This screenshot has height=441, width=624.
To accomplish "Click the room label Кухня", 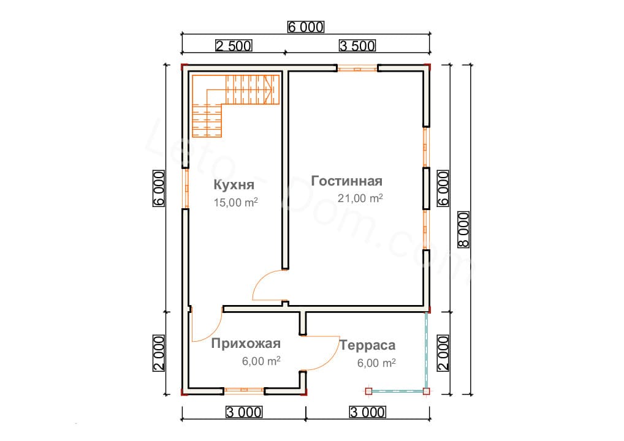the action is pyautogui.click(x=234, y=185).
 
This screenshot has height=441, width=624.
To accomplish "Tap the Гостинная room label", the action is pyautogui.click(x=346, y=181).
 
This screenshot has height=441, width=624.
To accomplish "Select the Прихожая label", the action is pyautogui.click(x=246, y=343).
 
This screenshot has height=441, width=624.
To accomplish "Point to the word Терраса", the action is pyautogui.click(x=367, y=345).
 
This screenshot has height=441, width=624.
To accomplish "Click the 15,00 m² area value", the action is pyautogui.click(x=235, y=202).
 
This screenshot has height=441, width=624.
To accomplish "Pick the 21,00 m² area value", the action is pyautogui.click(x=360, y=198).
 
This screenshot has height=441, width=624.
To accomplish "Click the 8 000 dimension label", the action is pyautogui.click(x=464, y=230).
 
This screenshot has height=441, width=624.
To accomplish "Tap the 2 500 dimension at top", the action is pyautogui.click(x=234, y=46).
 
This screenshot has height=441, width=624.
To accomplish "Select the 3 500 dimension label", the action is pyautogui.click(x=357, y=46).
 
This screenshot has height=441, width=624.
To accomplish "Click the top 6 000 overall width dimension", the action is pyautogui.click(x=306, y=27).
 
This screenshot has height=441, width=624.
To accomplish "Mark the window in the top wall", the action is pyautogui.click(x=357, y=69).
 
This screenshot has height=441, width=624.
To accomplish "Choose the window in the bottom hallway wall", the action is pyautogui.click(x=244, y=391).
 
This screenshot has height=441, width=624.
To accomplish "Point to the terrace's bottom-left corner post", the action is pyautogui.click(x=368, y=391).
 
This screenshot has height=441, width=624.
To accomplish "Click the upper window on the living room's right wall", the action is pyautogui.click(x=426, y=147).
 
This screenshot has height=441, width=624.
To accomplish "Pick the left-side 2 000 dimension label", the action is pyautogui.click(x=158, y=353).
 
